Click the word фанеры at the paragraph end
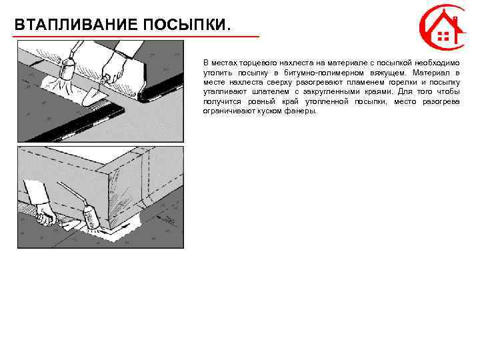click(304, 111)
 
